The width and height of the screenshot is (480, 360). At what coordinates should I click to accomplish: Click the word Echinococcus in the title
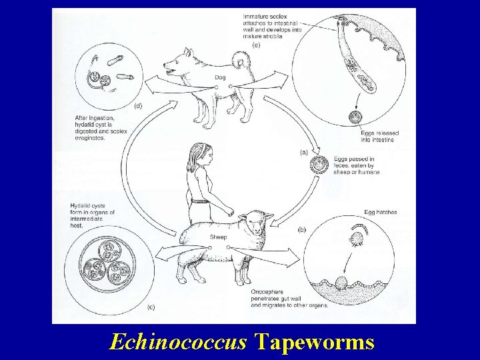(x=178, y=342)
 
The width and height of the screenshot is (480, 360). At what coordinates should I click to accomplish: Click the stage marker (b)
(x=301, y=229)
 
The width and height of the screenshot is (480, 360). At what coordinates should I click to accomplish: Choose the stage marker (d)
(x=139, y=105)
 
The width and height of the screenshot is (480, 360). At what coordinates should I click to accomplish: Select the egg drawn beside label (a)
(x=321, y=163)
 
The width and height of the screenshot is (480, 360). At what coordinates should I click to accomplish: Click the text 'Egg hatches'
(x=381, y=213)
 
